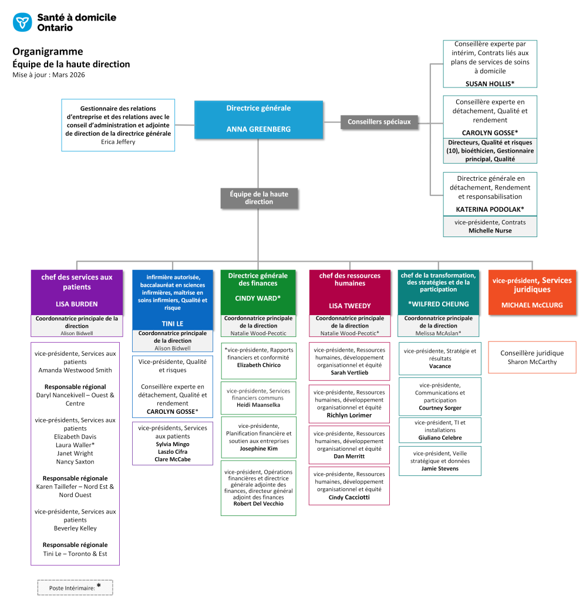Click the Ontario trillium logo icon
click(22, 22)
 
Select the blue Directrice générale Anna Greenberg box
click(258, 120)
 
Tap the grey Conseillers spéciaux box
click(379, 121)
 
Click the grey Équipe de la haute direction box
click(259, 198)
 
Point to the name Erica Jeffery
click(118, 141)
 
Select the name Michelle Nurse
click(490, 231)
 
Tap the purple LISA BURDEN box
click(77, 292)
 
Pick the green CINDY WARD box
click(258, 292)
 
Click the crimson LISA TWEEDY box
click(349, 292)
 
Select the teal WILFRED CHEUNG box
click(438, 292)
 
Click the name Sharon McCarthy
click(532, 362)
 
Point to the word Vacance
click(440, 366)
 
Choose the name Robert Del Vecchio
click(258, 504)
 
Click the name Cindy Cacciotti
click(349, 497)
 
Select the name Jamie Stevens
click(440, 468)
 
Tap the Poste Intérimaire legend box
click(75, 587)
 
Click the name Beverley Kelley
click(75, 528)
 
